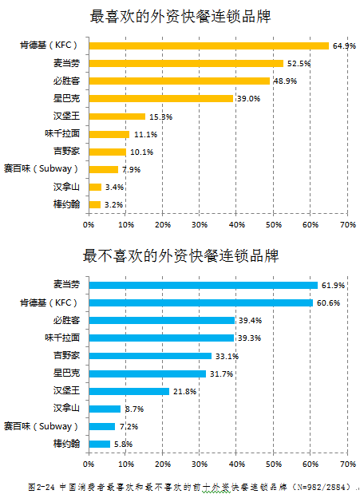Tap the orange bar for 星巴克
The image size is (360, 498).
pyautogui.click(x=160, y=98)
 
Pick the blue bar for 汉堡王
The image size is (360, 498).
pyautogui.click(x=129, y=391)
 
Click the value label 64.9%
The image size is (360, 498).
pyautogui.click(x=344, y=46)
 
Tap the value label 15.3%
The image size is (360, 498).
pyautogui.click(x=160, y=117)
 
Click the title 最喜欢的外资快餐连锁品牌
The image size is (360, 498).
pyautogui.click(x=180, y=17)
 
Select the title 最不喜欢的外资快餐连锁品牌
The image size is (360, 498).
pyautogui.click(x=180, y=256)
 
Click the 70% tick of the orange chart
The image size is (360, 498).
pyautogui.click(x=348, y=225)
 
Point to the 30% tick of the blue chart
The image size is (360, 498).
pyautogui.click(x=200, y=464)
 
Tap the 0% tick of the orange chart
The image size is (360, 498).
pyautogui.click(x=89, y=225)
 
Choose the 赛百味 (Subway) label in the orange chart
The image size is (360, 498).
pyautogui.click(x=50, y=169)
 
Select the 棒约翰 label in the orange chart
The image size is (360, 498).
pyautogui.click(x=66, y=204)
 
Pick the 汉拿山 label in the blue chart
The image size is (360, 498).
pyautogui.click(x=66, y=409)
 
